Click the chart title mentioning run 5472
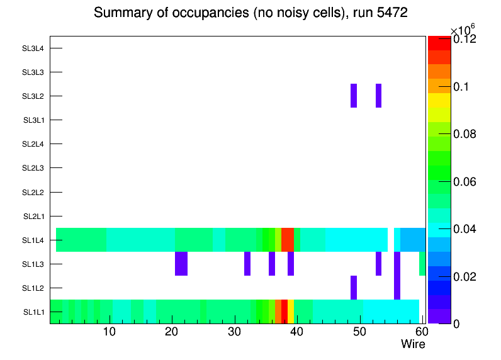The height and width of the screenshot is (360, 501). [250, 13]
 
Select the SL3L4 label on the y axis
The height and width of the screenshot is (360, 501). [33, 48]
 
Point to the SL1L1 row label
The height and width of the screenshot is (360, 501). [33, 312]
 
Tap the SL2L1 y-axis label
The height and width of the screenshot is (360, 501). [33, 216]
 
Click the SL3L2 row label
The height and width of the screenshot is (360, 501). [33, 96]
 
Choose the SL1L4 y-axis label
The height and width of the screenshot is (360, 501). [33, 240]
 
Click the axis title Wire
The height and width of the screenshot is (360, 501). [413, 344]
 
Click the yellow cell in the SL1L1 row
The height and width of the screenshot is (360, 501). [291, 312]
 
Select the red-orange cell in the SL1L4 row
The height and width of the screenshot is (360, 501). [288, 240]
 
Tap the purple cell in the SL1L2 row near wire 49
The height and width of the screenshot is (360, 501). [354, 288]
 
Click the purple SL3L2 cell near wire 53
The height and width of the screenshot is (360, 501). [378, 96]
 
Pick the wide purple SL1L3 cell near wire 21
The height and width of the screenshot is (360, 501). [181, 264]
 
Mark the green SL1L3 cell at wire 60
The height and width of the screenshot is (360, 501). [422, 264]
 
